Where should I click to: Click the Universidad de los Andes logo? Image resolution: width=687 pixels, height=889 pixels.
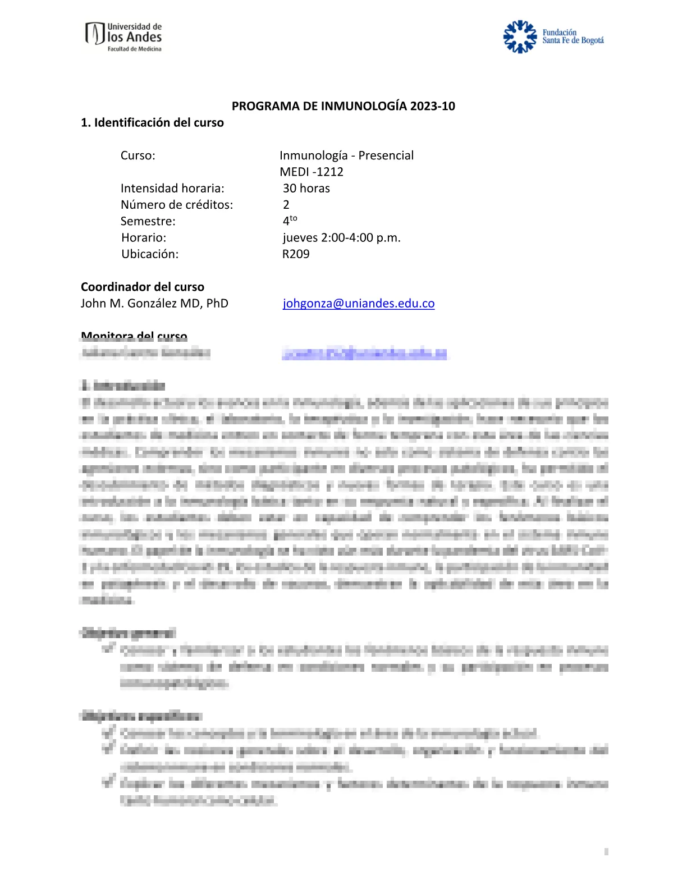click(x=123, y=37)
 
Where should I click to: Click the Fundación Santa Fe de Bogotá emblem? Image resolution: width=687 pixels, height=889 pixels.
click(x=520, y=37)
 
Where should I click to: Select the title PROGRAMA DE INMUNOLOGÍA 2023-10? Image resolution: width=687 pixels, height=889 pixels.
click(x=343, y=106)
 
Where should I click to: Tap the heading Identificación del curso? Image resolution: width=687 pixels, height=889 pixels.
click(x=152, y=122)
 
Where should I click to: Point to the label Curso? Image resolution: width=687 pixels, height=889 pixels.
click(x=138, y=155)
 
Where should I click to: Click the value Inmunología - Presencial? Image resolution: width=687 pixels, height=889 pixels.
click(x=346, y=155)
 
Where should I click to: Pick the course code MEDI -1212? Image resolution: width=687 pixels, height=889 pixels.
click(x=312, y=172)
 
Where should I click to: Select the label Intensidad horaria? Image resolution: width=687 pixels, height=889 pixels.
click(x=172, y=188)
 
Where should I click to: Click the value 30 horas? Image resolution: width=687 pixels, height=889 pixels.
click(x=306, y=188)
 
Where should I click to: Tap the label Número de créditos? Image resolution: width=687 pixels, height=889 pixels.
click(x=177, y=204)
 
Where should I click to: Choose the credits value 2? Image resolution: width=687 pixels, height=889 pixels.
click(x=286, y=204)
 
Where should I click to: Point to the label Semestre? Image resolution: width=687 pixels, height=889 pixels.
click(x=148, y=221)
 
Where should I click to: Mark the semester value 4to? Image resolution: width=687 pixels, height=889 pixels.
click(x=290, y=220)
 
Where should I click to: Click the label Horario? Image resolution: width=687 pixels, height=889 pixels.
click(x=144, y=237)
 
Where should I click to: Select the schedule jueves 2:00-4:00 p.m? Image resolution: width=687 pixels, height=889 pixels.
click(x=341, y=237)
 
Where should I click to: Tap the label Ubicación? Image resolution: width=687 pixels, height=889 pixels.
click(x=150, y=254)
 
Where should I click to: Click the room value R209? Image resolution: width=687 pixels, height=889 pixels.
click(x=296, y=254)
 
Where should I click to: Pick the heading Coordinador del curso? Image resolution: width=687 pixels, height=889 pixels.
click(x=143, y=287)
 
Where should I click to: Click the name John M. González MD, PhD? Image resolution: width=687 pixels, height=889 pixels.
click(x=154, y=303)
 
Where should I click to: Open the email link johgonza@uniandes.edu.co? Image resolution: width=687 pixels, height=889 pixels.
click(x=359, y=303)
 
